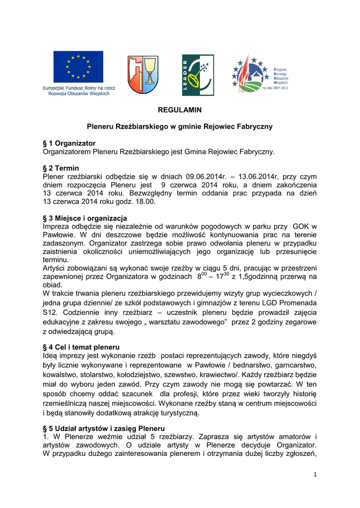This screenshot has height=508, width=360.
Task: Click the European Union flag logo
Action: coord(78,66)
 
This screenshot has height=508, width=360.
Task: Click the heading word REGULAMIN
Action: coord(180,110)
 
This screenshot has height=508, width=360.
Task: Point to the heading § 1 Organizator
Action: coord(69,143)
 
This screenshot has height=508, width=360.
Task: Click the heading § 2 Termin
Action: coord(61,168)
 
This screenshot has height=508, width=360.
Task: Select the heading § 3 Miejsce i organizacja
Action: coord(85,218)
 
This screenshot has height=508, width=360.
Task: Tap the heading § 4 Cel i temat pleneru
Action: coord(81,347)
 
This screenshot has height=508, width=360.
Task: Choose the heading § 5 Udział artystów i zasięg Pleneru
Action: coord(104,428)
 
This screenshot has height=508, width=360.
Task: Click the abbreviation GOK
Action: coord(301,226)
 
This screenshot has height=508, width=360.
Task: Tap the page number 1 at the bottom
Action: coord(315,474)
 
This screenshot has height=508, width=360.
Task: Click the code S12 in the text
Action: coord(51,313)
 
